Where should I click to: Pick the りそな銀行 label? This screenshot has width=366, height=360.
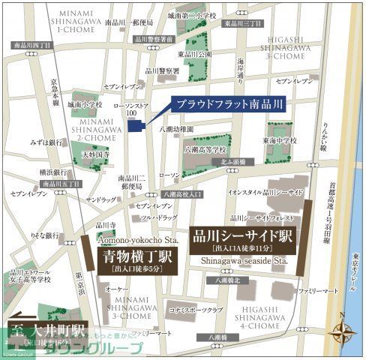(46, 235)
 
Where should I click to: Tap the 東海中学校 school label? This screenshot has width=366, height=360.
(279, 139)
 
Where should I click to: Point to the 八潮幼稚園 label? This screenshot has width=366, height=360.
(177, 130)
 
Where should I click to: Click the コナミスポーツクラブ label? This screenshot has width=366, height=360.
(196, 309)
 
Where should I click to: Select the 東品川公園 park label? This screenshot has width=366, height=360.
(194, 54)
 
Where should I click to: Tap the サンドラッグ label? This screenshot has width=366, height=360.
(100, 200)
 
